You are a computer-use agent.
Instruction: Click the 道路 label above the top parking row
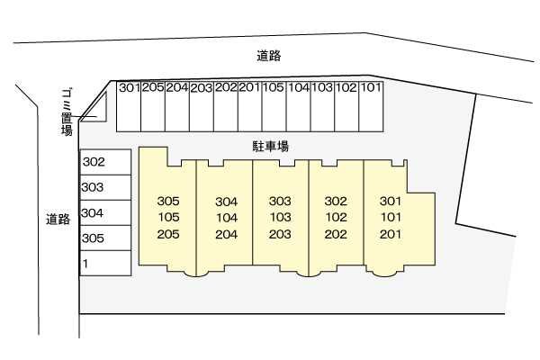268,56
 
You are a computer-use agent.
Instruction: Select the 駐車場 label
269,146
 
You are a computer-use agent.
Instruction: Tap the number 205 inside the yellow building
168,234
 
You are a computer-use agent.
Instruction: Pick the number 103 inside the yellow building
280,218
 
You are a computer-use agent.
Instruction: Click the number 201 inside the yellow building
390,234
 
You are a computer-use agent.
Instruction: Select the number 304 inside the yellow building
226,202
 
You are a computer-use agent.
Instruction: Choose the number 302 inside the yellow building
336,202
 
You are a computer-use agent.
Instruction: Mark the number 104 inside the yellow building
226,218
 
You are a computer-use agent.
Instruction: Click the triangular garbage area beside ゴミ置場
96,110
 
